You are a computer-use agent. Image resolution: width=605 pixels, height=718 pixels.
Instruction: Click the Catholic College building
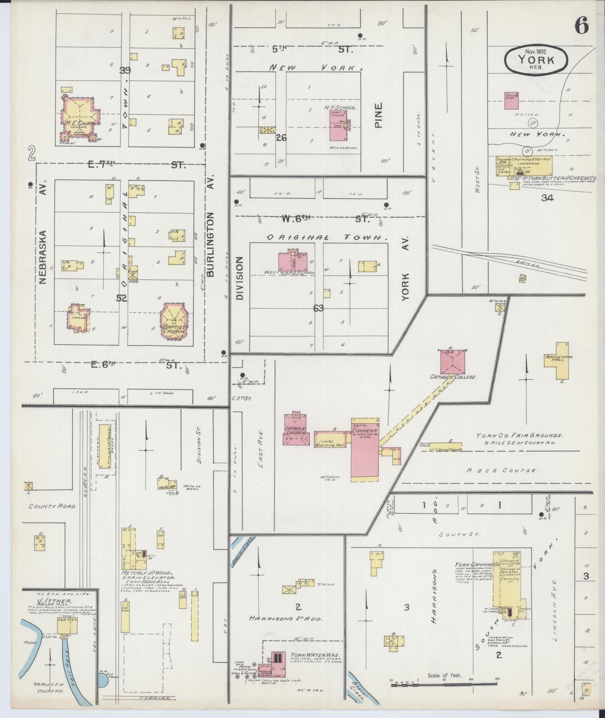tap(453, 361)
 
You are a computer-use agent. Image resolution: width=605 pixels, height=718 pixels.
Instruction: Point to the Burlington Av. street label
tap(210, 244)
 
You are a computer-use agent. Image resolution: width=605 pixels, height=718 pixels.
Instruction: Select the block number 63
tap(318, 308)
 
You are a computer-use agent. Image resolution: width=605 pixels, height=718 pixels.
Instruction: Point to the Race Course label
tap(503, 470)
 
